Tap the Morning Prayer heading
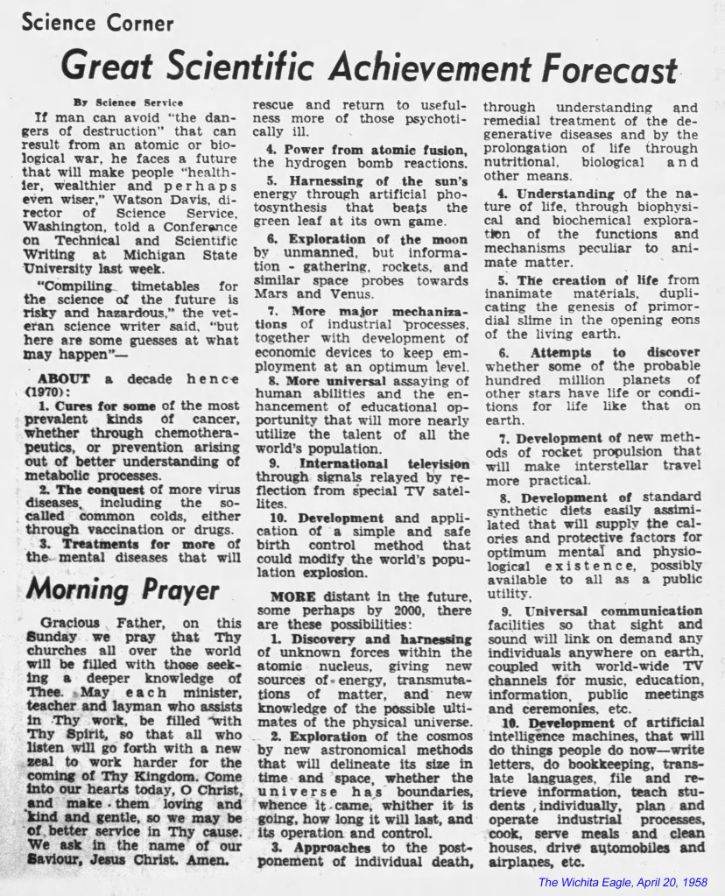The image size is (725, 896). [123, 589]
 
